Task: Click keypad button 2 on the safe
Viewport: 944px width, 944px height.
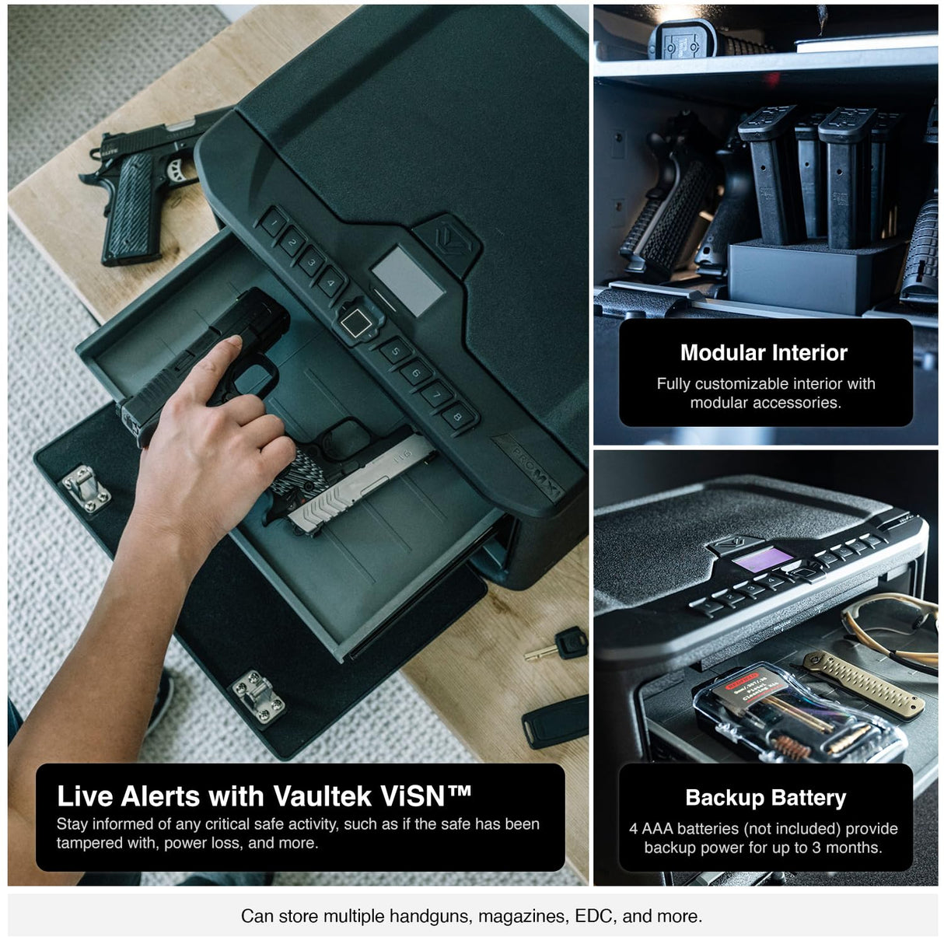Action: pyautogui.click(x=292, y=243)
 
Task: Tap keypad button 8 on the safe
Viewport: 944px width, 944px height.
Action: pyautogui.click(x=458, y=417)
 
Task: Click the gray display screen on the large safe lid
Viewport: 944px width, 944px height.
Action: pyautogui.click(x=407, y=280)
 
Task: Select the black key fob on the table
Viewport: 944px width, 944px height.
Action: pyautogui.click(x=555, y=721)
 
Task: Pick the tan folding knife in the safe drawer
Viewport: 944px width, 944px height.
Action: pyautogui.click(x=863, y=684)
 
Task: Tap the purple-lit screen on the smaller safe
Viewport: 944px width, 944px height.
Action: pyautogui.click(x=764, y=558)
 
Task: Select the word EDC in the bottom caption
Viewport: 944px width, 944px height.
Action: pyautogui.click(x=594, y=916)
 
